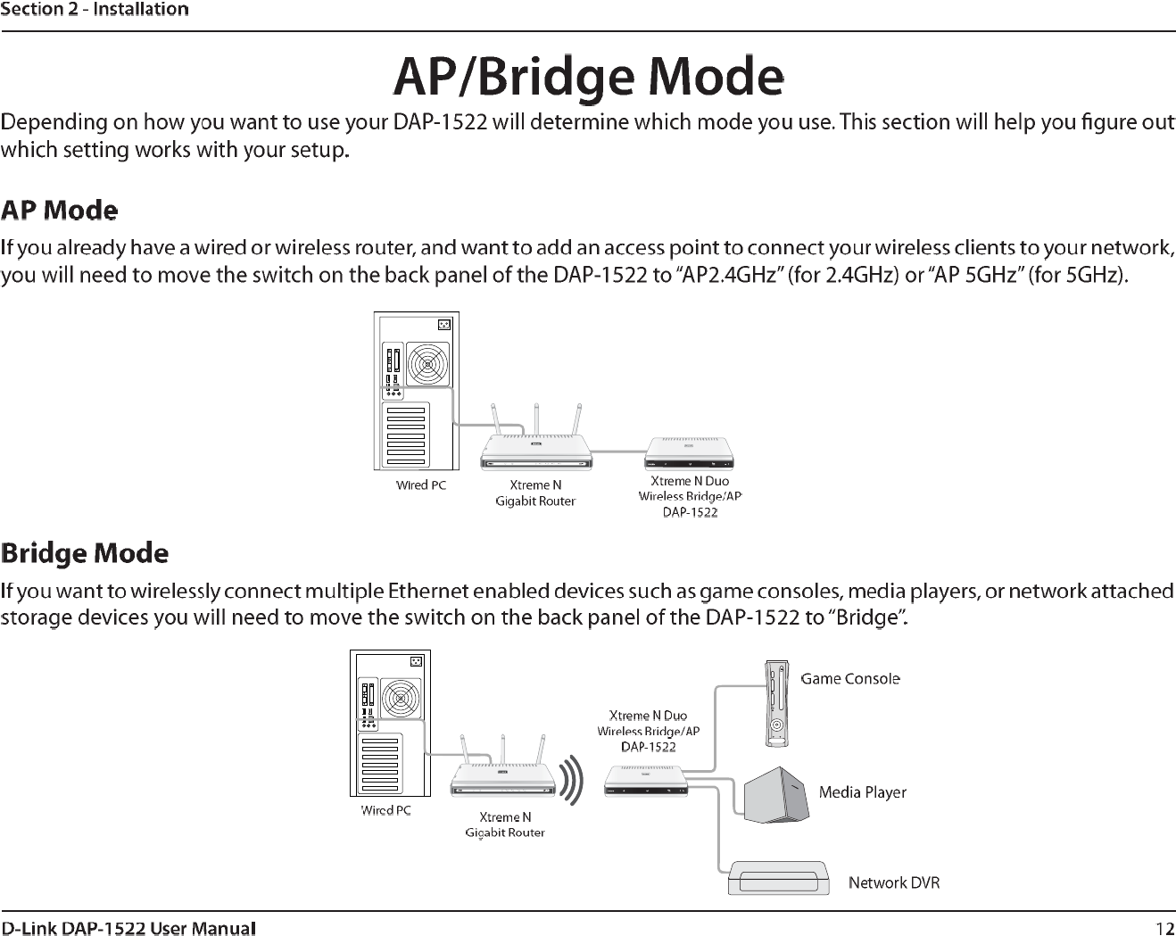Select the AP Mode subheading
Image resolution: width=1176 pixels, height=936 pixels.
[60, 211]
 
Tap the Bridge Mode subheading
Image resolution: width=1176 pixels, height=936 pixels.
[85, 553]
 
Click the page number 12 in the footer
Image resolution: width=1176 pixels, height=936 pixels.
[1164, 928]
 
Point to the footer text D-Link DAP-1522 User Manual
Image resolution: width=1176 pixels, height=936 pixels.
[128, 928]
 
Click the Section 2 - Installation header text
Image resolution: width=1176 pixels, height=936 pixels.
[95, 10]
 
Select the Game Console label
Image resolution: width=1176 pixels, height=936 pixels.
[849, 679]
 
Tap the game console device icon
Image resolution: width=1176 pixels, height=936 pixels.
[777, 704]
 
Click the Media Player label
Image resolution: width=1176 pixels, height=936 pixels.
[862, 792]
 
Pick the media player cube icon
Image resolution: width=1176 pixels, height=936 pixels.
[776, 794]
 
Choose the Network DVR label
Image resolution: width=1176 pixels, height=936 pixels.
[893, 882]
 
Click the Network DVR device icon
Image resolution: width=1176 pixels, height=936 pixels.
[779, 877]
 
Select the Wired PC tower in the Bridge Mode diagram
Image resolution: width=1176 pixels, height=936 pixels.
[390, 723]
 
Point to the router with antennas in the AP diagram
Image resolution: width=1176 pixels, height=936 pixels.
[536, 450]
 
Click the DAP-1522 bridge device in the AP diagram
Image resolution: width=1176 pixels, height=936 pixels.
[689, 452]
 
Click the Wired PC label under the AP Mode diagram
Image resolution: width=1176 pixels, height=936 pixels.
[421, 485]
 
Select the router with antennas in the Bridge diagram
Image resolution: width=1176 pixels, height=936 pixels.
[503, 778]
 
